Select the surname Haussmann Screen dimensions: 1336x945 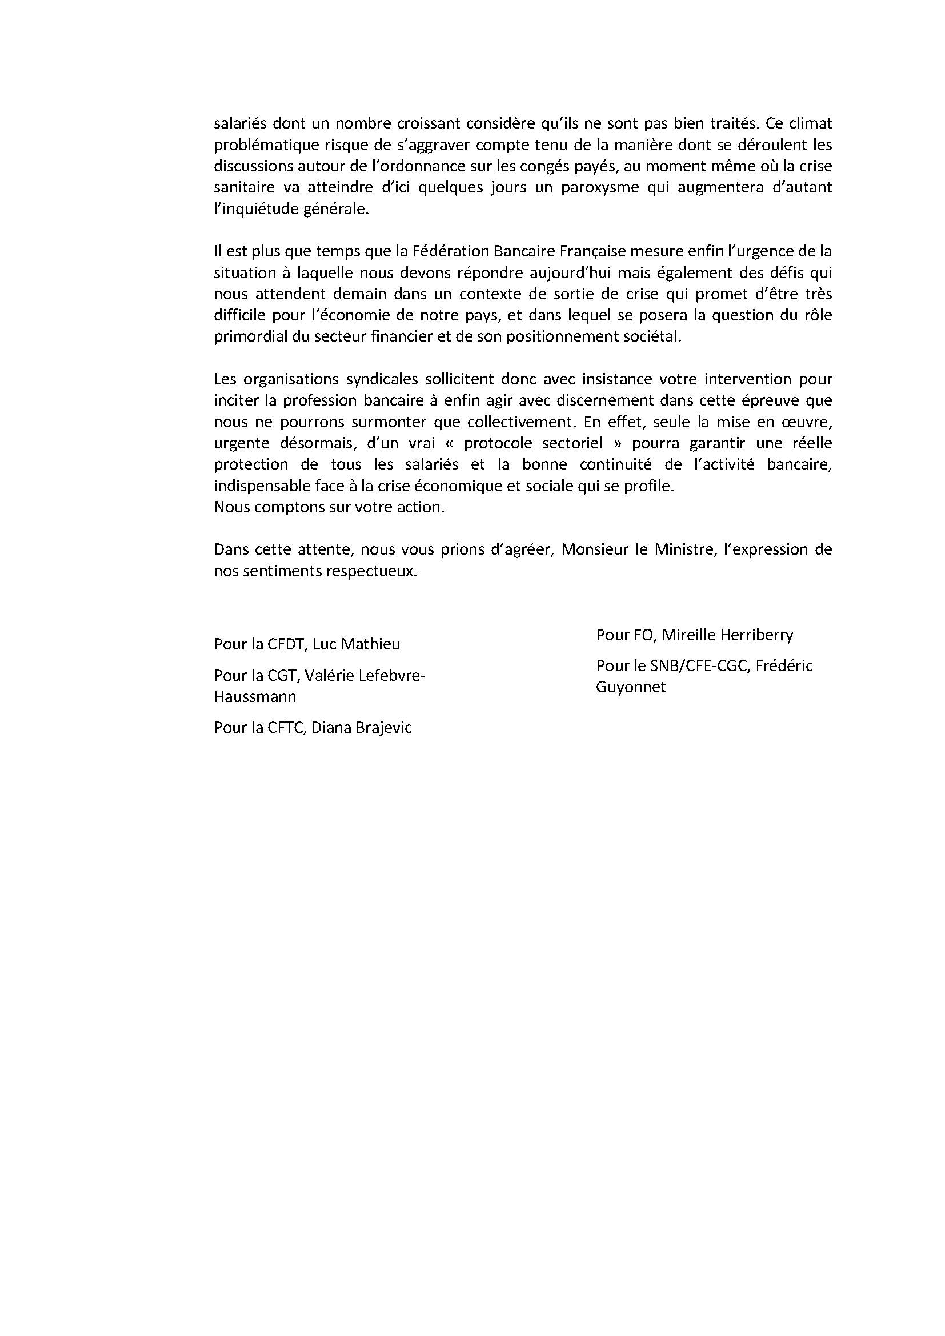(x=255, y=696)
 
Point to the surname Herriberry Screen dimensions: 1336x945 (x=756, y=635)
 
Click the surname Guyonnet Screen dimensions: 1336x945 (x=631, y=687)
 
